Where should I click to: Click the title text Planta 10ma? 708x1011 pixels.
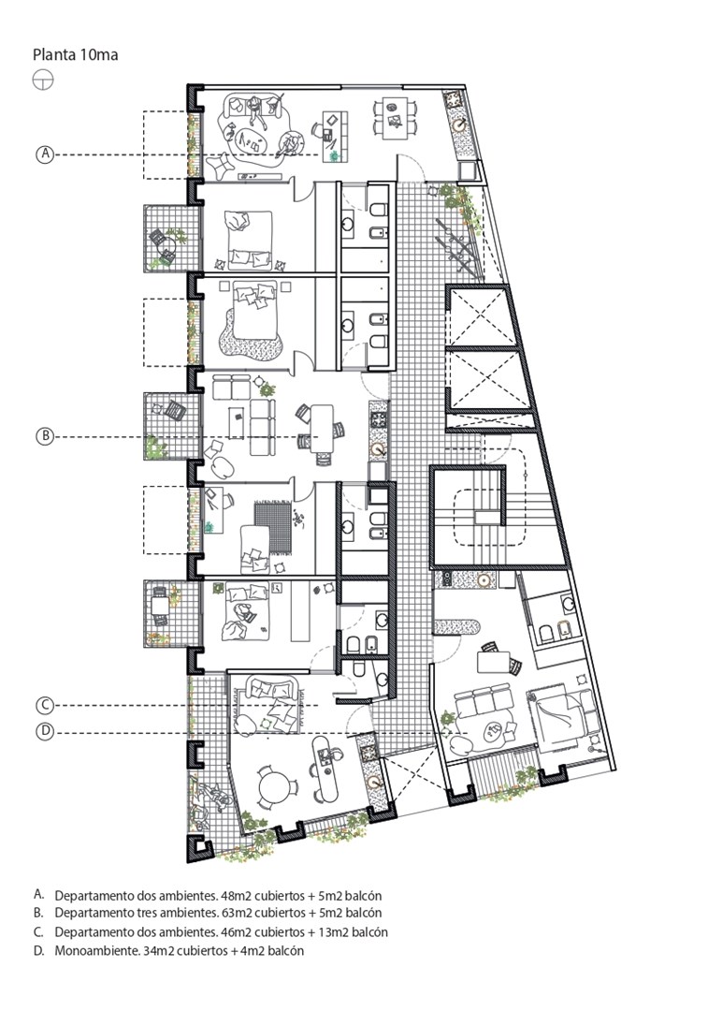76,55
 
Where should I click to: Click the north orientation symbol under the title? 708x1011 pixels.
42,81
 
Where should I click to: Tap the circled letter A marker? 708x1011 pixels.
45,154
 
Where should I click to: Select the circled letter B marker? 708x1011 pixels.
45,436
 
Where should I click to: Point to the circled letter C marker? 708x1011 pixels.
45,706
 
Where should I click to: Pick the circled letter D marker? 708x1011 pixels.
45,732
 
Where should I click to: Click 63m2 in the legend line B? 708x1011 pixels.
237,913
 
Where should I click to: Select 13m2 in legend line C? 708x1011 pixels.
335,931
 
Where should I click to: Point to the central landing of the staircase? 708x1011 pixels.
487,517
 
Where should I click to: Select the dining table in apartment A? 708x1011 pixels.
394,117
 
